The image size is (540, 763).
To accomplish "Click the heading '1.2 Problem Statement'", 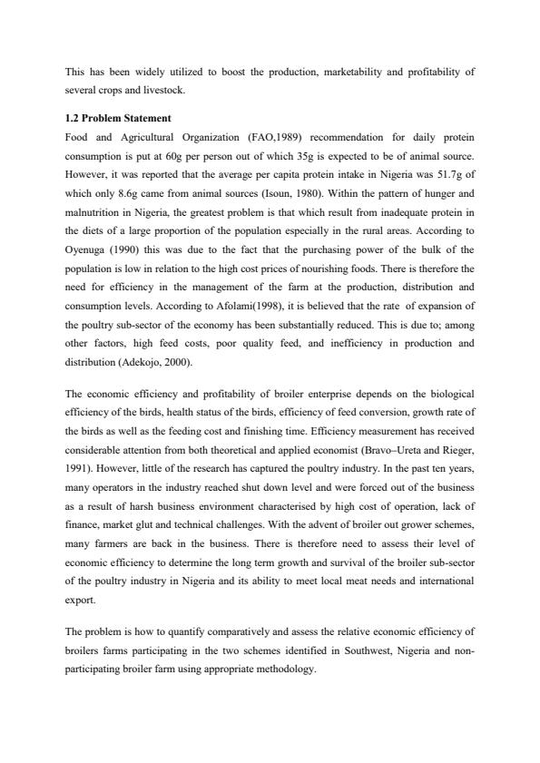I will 118,119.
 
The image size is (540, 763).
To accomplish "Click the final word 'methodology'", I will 288,670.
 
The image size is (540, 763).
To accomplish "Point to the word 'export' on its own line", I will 80,599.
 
